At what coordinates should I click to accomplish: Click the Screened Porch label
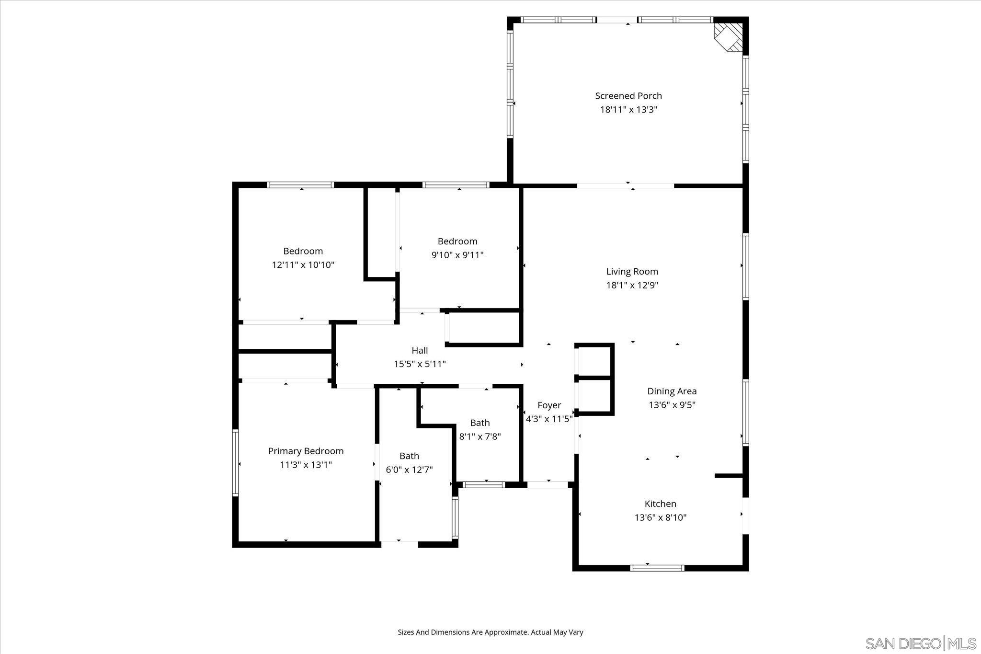tap(628, 96)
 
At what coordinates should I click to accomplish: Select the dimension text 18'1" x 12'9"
tap(632, 286)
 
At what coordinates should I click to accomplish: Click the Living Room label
tap(632, 272)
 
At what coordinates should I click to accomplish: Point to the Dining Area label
tap(672, 391)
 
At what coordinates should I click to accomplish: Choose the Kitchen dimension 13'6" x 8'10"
tap(660, 517)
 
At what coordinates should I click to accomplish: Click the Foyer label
tap(549, 405)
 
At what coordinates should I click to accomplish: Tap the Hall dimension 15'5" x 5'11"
tap(420, 364)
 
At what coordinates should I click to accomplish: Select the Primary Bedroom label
tap(306, 451)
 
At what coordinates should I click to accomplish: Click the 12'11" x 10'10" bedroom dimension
tap(303, 265)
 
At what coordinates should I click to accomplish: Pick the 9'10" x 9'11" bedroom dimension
tap(457, 255)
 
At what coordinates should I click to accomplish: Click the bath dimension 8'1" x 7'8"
tap(479, 436)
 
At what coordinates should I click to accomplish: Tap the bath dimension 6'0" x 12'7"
tap(409, 470)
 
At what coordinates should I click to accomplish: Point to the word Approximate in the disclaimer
tap(506, 632)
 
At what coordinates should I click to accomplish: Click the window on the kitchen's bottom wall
tap(657, 568)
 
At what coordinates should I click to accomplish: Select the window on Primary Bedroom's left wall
tap(235, 462)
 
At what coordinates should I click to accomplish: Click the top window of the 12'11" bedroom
tap(300, 185)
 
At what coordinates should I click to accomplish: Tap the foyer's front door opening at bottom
tap(548, 485)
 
